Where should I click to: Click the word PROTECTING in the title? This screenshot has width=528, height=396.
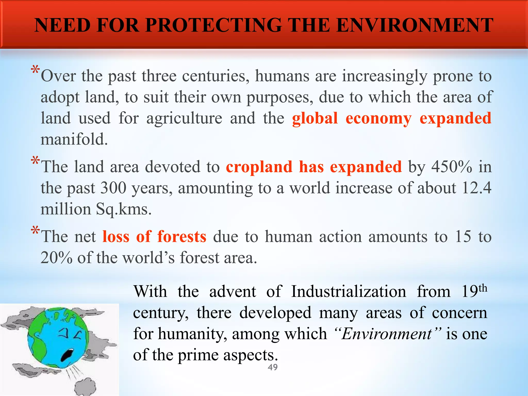tap(213, 25)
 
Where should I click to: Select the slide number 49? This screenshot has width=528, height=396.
tap(273, 367)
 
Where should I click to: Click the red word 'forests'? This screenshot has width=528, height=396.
tap(182, 236)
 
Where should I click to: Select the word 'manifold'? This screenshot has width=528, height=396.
tap(74, 139)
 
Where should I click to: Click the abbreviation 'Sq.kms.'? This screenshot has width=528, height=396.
tap(124, 209)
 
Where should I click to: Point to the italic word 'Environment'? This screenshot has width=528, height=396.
tap(387, 334)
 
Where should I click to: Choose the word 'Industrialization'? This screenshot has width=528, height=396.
tap(349, 292)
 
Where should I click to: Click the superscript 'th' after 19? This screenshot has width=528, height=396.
tap(483, 288)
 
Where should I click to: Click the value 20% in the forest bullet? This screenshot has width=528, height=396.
tap(56, 258)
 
